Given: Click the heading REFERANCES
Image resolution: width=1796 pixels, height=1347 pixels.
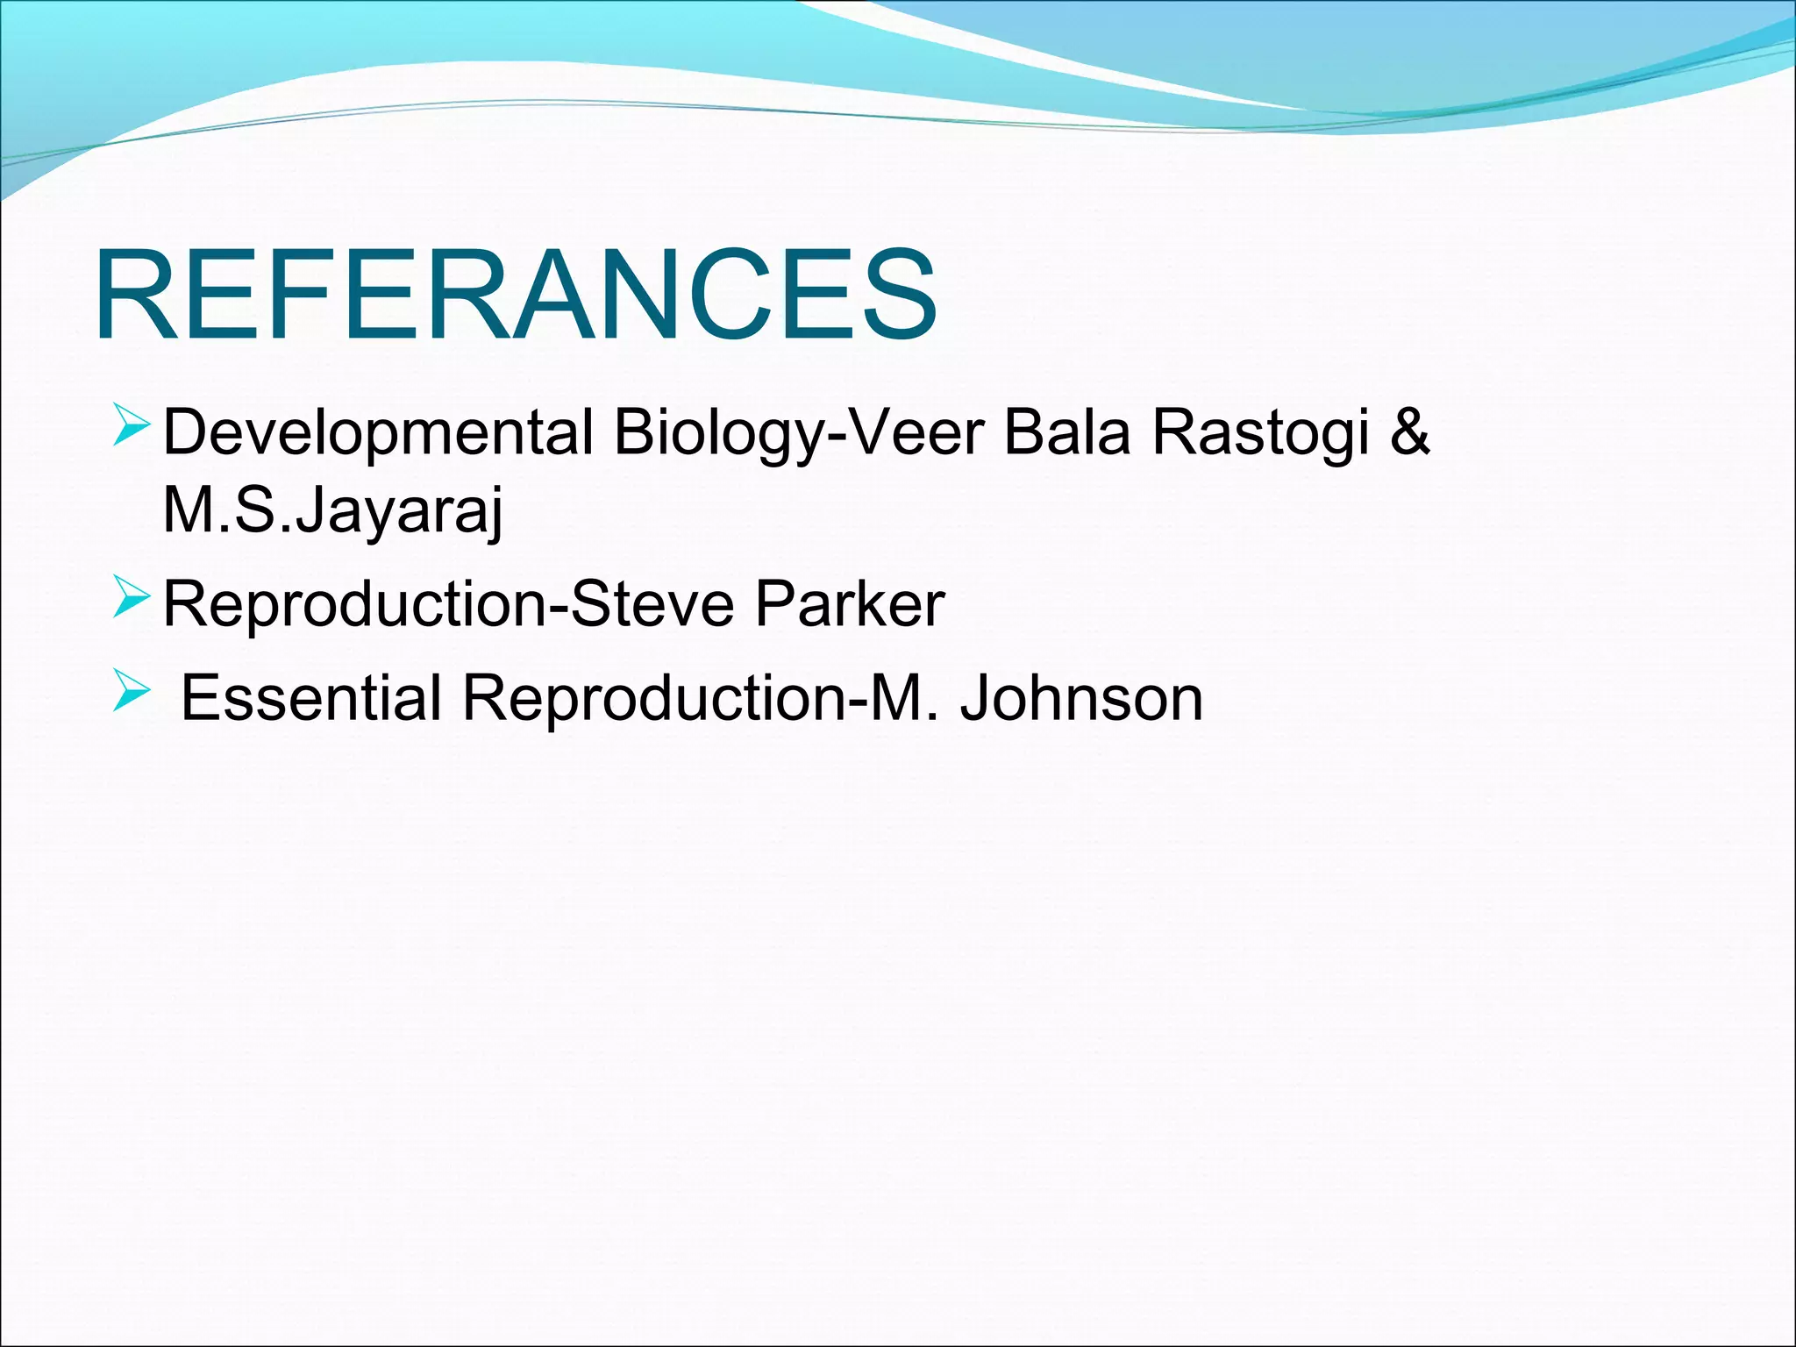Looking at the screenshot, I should [516, 294].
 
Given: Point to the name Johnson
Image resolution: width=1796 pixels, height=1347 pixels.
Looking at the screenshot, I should [1081, 698].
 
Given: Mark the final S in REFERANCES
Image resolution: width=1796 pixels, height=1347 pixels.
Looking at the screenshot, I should [895, 294].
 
